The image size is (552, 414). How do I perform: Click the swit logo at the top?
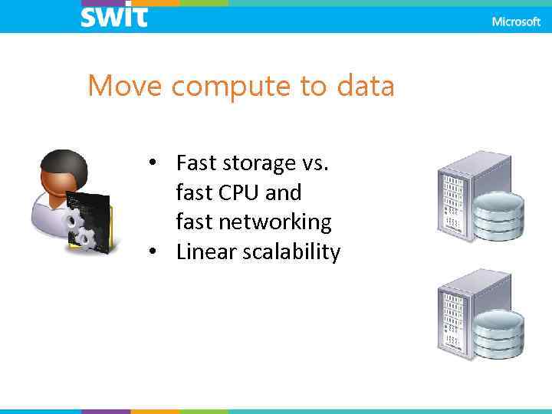pyautogui.click(x=113, y=16)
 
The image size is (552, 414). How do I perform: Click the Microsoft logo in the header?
pyautogui.click(x=516, y=22)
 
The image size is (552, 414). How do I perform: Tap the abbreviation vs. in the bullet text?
pyautogui.click(x=322, y=163)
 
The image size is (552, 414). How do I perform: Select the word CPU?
pyautogui.click(x=238, y=192)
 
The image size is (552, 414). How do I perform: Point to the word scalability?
pyautogui.click(x=294, y=252)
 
